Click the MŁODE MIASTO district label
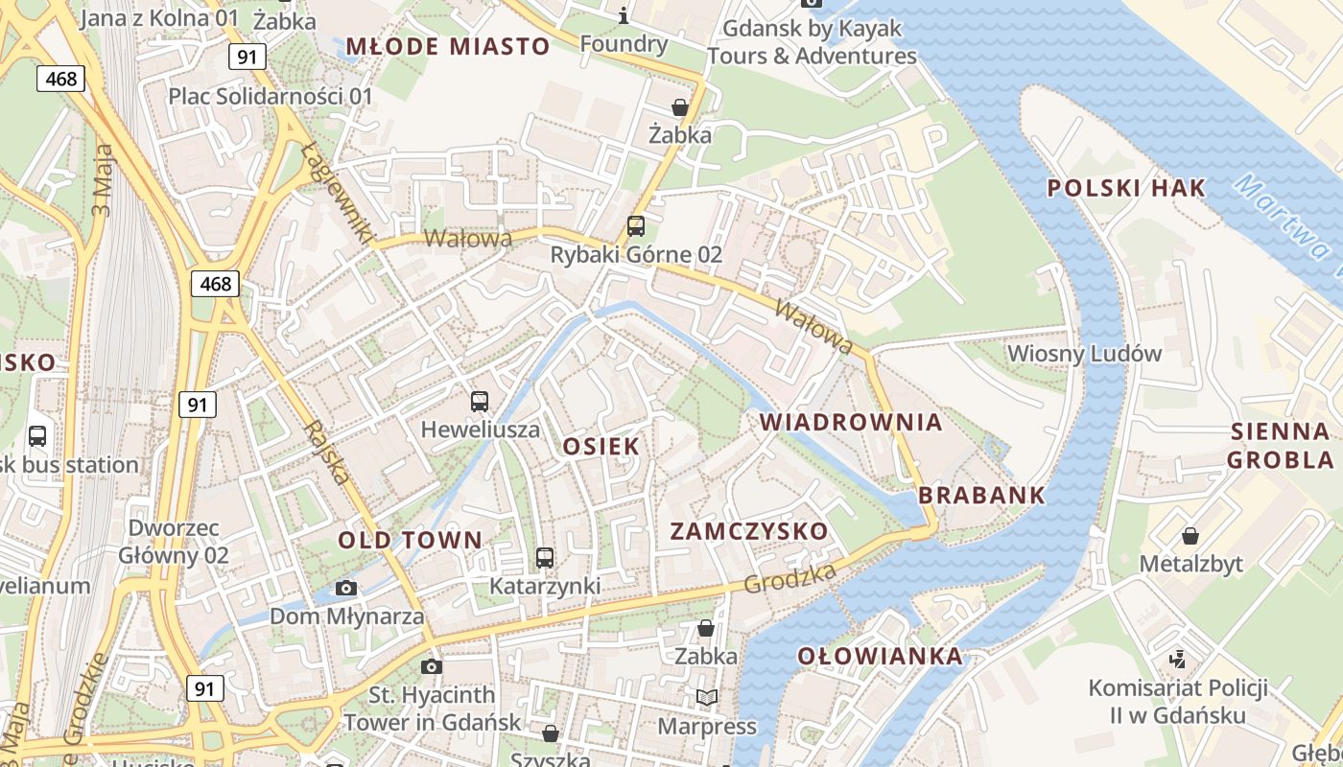tap(448, 46)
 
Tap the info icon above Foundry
tap(624, 15)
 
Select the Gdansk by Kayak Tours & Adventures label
tap(812, 42)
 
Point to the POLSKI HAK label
tap(1125, 188)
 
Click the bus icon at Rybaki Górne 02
tap(635, 226)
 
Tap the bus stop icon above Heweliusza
tap(480, 402)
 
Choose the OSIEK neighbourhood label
tap(601, 446)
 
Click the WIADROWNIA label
tap(851, 422)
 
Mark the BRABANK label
tap(981, 496)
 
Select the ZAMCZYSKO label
tap(748, 531)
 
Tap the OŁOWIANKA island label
tap(880, 656)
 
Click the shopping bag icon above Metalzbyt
tap(1190, 535)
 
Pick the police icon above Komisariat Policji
tap(1178, 659)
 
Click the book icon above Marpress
tap(707, 697)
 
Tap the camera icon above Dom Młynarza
tap(346, 588)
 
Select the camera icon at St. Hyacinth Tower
tap(432, 666)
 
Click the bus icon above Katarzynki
tap(545, 557)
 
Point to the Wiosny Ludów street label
tap(1084, 354)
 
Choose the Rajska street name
tap(325, 452)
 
